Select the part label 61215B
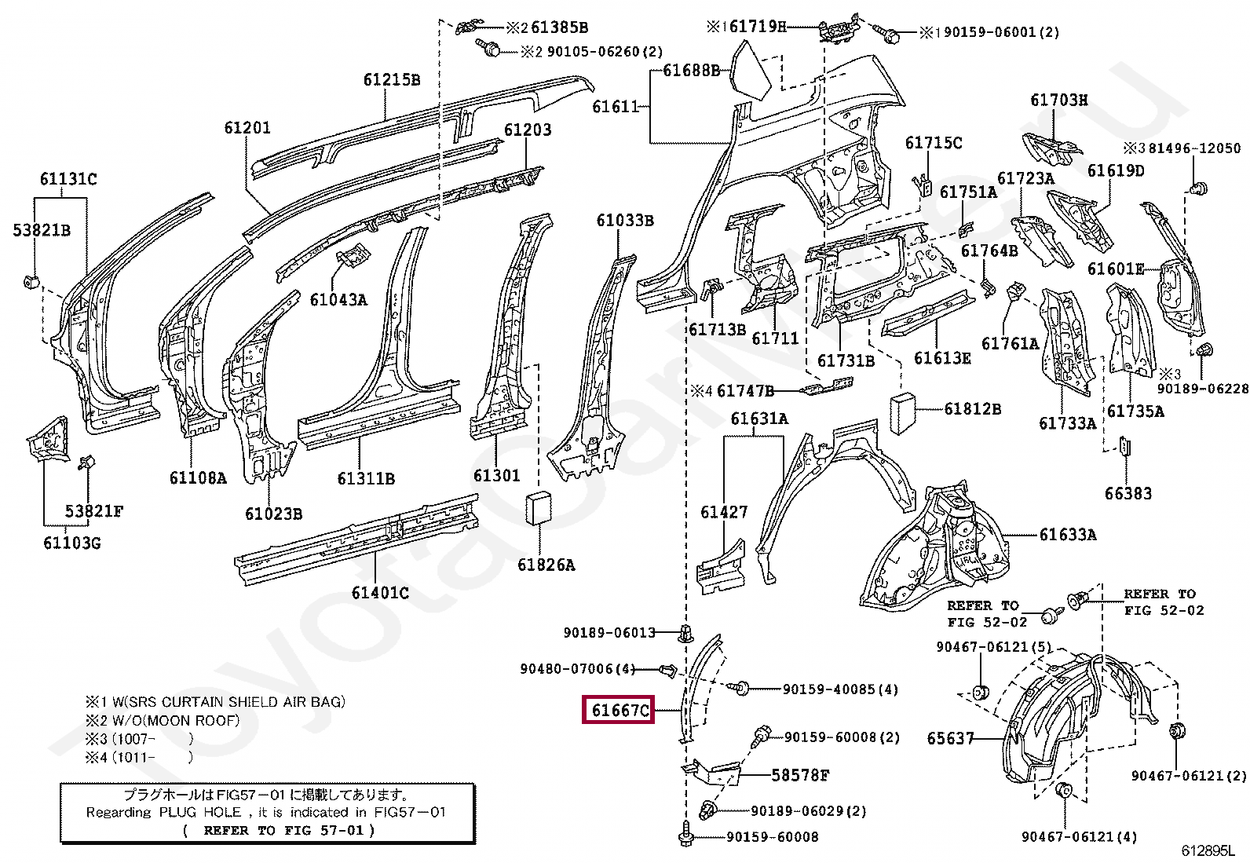pos(392,80)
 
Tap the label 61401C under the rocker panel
pos(380,593)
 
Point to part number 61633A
pos(1068,535)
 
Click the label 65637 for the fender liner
pos(950,738)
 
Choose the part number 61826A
pos(546,565)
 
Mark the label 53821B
pos(42,230)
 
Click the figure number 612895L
pos(1208,850)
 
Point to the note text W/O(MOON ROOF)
pos(176,721)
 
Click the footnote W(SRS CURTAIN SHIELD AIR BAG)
pos(228,702)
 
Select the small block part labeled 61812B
pos(902,414)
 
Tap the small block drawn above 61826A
pos(539,509)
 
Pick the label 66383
pos(1128,493)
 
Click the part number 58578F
pos(800,775)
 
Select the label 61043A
pos(338,300)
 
